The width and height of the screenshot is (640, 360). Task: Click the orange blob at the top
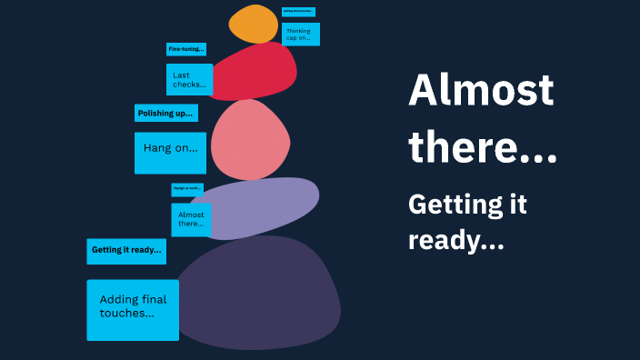(253, 25)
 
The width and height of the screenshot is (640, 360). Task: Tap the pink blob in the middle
(249, 139)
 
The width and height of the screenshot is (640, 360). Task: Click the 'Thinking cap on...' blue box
(300, 35)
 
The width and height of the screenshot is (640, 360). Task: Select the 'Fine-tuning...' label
(186, 49)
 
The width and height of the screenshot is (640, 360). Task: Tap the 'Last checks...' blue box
(189, 80)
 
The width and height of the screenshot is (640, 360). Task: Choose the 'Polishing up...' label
(165, 114)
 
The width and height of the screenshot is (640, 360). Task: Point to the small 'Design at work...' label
(187, 189)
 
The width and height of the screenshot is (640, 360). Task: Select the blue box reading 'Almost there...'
(191, 219)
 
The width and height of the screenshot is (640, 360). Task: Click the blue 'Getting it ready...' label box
(126, 251)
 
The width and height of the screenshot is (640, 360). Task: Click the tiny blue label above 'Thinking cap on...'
(298, 12)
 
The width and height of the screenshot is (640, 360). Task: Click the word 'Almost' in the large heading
(481, 91)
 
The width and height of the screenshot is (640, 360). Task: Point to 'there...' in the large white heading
(483, 146)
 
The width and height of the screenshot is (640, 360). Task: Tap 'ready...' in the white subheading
(455, 242)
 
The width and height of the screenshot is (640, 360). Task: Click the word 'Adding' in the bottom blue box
(119, 300)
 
